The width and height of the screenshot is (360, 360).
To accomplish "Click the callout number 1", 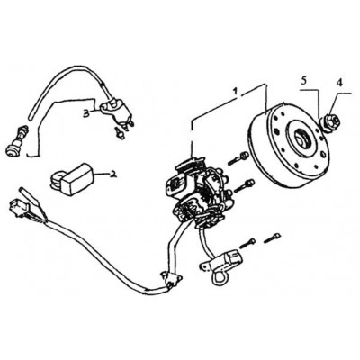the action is pos(236,92).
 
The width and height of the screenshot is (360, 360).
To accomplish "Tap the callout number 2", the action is pos(112,174).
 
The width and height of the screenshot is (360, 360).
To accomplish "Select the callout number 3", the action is pos(86,113).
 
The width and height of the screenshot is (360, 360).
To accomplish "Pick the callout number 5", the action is pos(303,81).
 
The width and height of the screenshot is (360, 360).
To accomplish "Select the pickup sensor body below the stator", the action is pos(230,258).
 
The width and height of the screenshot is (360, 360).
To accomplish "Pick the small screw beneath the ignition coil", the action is pos(120,133).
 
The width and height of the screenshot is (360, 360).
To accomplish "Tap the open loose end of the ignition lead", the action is pos(30,115).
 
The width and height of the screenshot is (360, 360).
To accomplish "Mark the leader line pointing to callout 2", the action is pos(102,175).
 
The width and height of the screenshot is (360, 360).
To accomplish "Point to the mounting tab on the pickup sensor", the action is pos(205,265).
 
